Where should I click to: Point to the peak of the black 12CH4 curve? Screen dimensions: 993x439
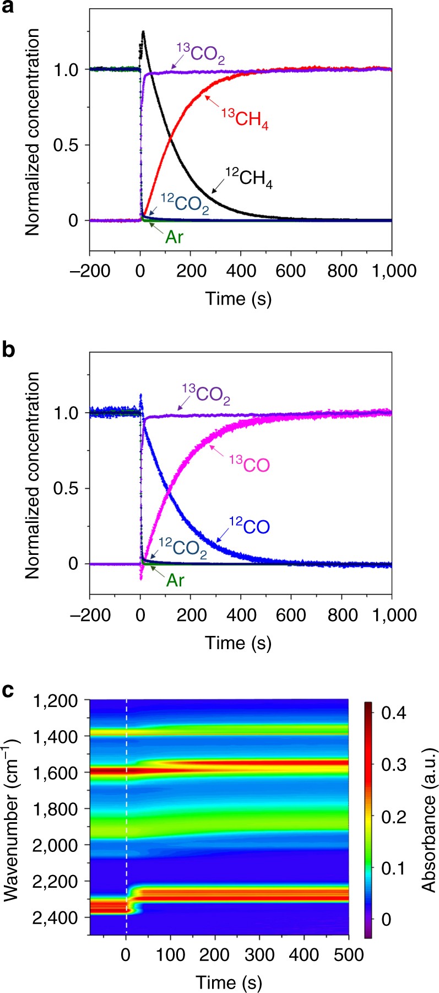pos(143,32)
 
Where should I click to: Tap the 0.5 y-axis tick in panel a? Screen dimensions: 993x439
pos(67,145)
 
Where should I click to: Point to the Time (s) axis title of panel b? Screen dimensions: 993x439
pos(239,642)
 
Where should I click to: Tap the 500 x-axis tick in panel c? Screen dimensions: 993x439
pos(349,954)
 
